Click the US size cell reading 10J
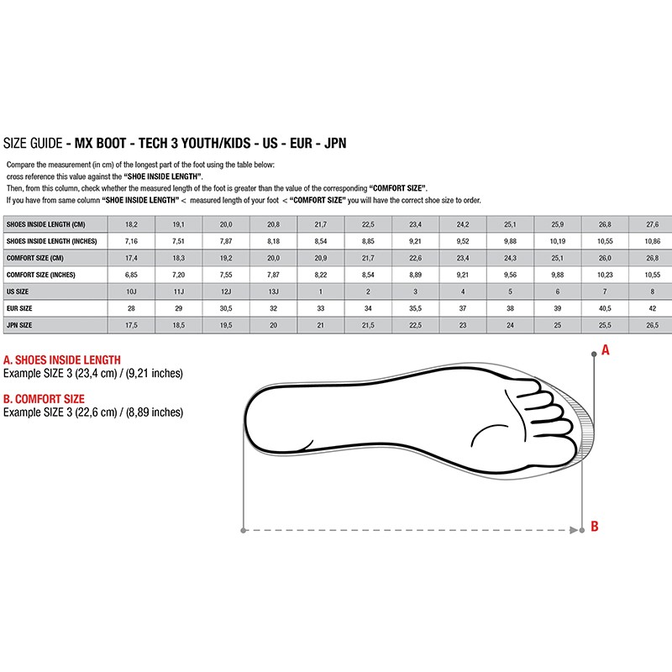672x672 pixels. click(131, 291)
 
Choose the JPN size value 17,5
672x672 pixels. click(131, 324)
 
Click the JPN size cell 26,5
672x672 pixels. click(652, 324)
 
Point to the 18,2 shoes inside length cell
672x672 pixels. click(131, 224)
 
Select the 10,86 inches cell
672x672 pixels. click(652, 240)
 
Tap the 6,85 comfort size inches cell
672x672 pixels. click(131, 274)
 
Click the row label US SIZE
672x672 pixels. click(18, 291)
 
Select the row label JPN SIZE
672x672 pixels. click(20, 324)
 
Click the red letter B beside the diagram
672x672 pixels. click(595, 527)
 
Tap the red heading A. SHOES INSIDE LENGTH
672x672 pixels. click(62, 360)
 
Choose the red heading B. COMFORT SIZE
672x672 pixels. click(44, 399)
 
